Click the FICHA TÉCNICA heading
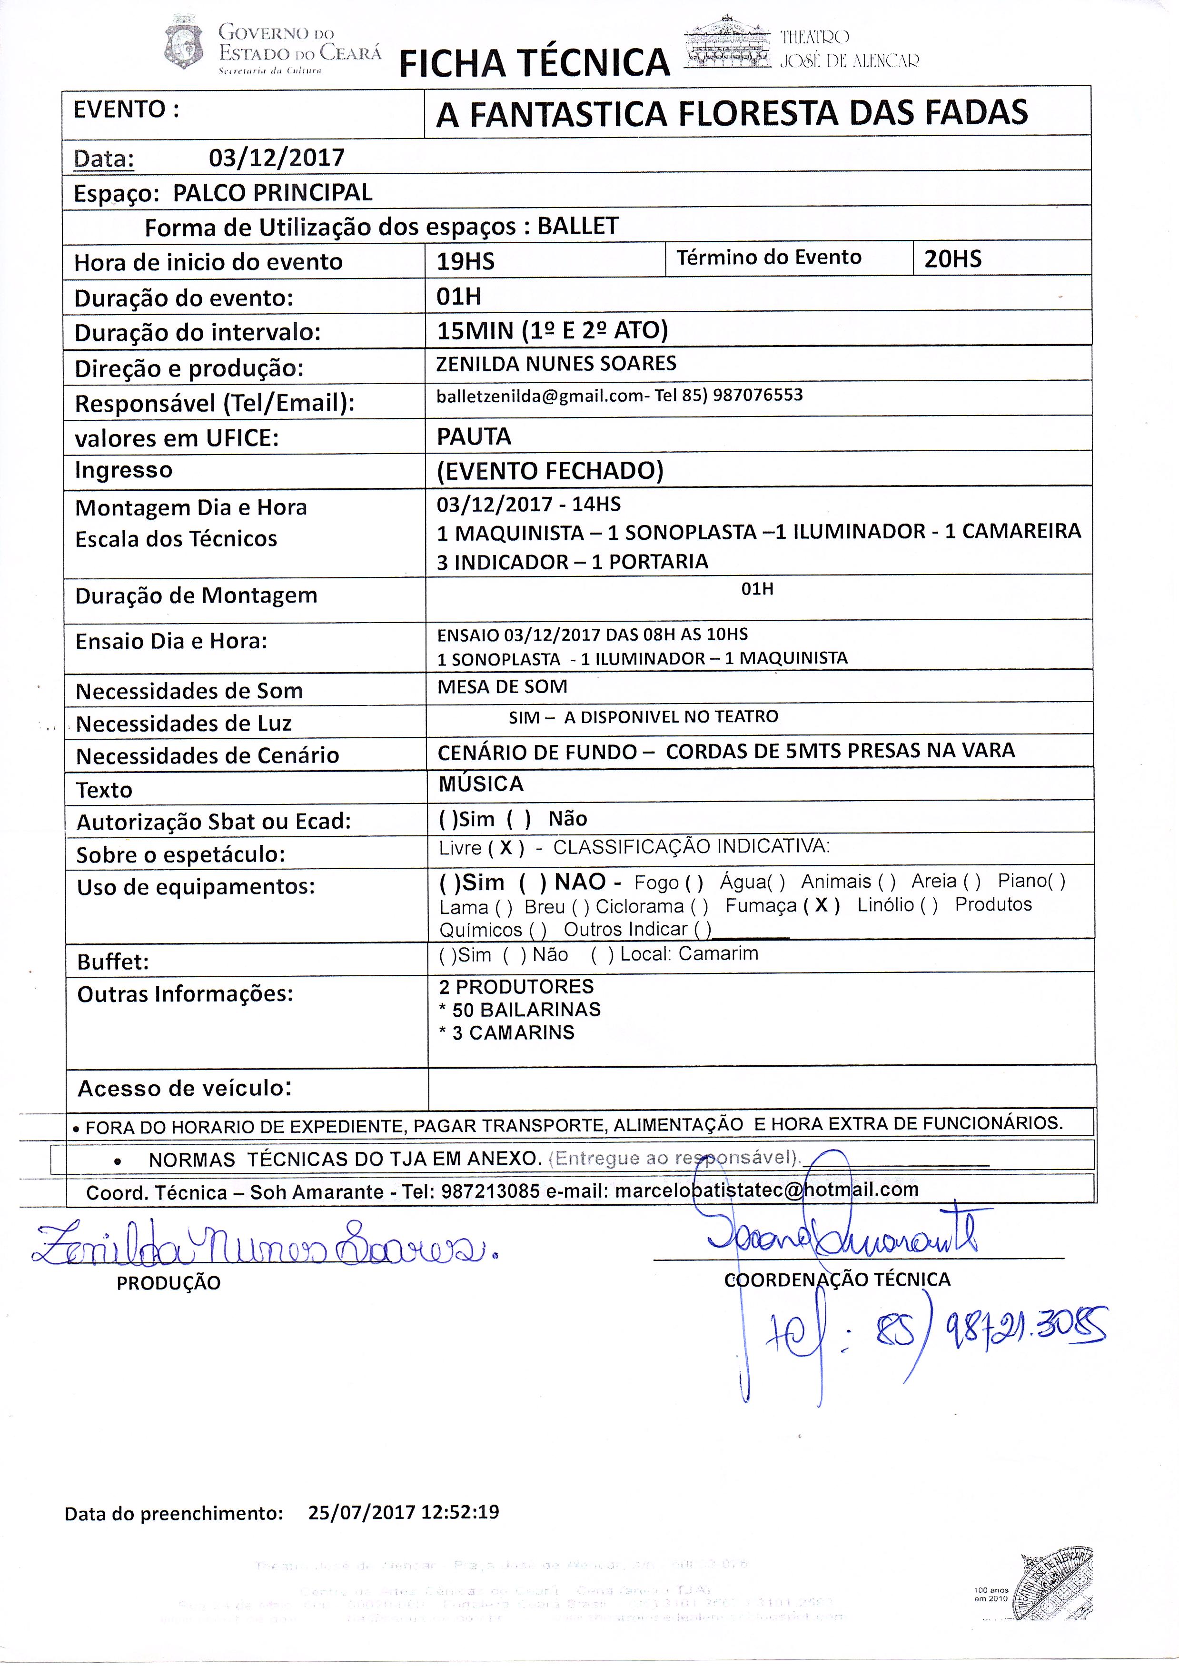click(x=535, y=62)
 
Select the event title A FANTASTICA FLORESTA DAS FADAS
click(x=732, y=113)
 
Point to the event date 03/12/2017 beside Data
click(x=277, y=158)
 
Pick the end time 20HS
click(x=952, y=259)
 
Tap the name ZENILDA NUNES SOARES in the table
click(x=556, y=364)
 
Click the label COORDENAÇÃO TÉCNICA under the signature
click(x=837, y=1280)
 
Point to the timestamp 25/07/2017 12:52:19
click(x=404, y=1512)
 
